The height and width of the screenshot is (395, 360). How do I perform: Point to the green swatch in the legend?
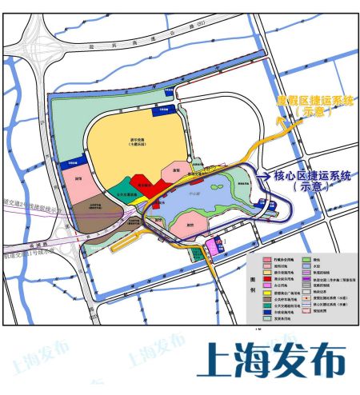pyautogui.click(x=307, y=259)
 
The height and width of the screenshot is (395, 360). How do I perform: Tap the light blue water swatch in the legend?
pyautogui.click(x=307, y=266)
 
